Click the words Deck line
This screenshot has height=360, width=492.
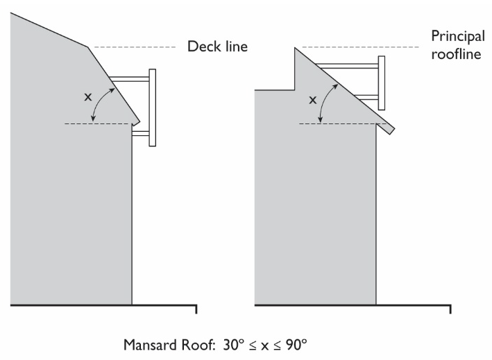[217, 48]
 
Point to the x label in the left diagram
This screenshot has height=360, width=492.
[87, 97]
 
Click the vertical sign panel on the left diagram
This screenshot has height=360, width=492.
[153, 107]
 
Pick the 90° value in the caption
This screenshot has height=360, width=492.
[293, 344]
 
